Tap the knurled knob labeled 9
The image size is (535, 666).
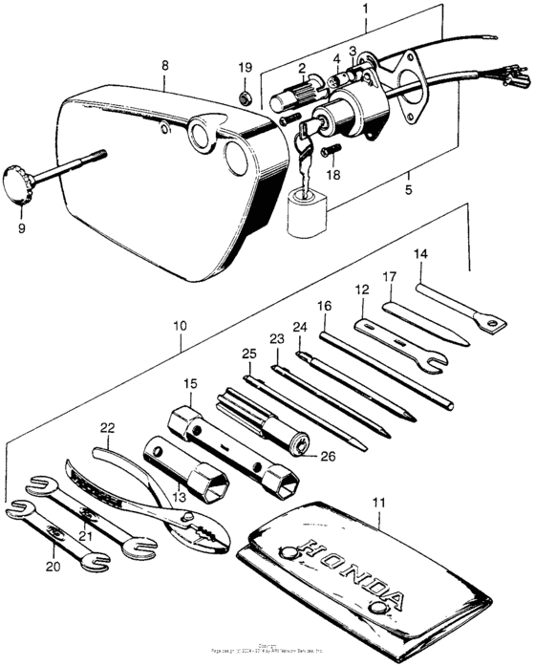(x=21, y=182)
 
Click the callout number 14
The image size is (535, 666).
(x=421, y=255)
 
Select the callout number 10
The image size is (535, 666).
(x=182, y=325)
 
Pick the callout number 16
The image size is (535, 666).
(x=325, y=306)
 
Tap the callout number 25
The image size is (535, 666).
(x=249, y=354)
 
